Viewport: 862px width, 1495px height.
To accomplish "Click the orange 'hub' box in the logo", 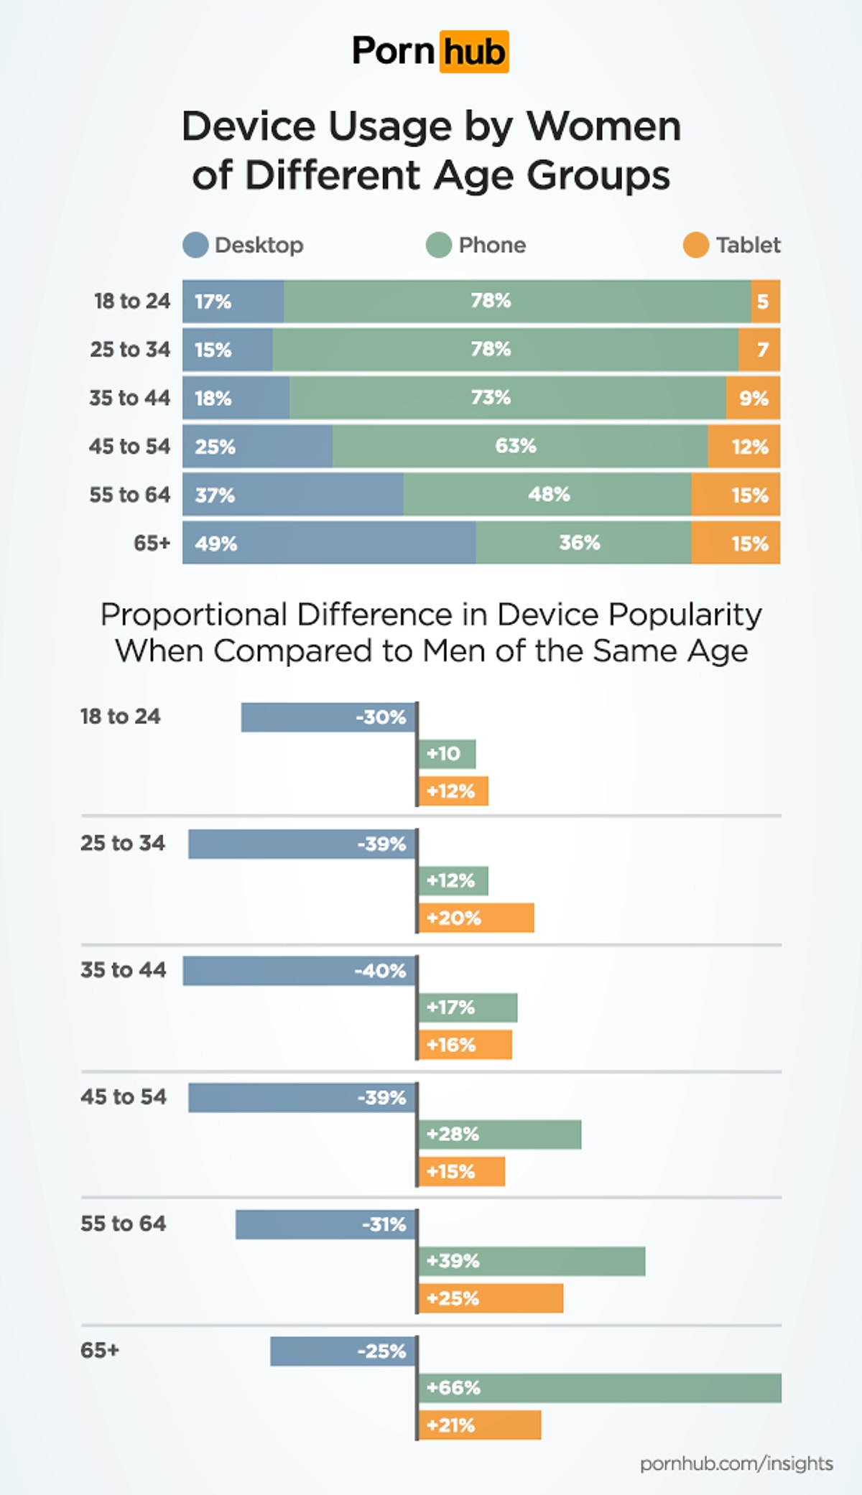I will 473,52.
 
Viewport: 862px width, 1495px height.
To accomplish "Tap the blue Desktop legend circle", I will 195,245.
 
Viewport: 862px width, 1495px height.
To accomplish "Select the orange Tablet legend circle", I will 695,245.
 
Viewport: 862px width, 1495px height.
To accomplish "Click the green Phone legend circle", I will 438,245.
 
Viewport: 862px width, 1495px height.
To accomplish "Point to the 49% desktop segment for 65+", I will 329,543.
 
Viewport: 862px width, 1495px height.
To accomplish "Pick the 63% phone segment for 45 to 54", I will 519,446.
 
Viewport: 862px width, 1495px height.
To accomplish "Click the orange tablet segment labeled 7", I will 759,350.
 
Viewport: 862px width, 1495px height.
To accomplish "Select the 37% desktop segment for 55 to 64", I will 292,495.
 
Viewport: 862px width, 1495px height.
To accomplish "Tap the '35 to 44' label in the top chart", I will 129,398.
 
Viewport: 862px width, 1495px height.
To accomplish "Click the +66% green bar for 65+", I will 600,1387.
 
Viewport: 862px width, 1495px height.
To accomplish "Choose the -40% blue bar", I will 300,971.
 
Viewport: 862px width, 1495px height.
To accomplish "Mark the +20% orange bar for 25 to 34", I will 476,918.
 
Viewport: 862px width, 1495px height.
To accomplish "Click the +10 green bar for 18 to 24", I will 447,754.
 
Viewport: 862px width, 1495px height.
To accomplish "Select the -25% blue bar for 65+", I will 343,1351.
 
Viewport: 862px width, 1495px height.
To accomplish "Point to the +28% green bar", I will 500,1135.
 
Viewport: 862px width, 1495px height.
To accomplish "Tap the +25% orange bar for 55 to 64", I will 491,1298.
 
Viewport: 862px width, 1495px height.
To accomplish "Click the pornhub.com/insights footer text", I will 736,1463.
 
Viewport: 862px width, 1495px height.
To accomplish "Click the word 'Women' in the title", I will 603,127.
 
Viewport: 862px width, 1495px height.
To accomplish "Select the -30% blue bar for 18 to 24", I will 328,717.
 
